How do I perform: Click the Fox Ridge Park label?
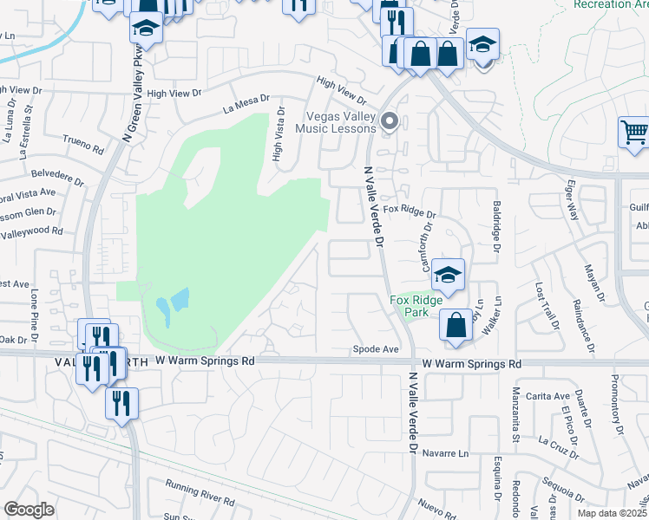point(416,306)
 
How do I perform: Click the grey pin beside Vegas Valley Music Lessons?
point(390,121)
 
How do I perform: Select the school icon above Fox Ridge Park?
point(448,276)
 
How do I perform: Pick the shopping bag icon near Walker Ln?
point(456,326)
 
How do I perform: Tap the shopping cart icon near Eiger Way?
point(634,133)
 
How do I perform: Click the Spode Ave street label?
point(375,350)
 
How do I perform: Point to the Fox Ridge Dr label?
point(409,211)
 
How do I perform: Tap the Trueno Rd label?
point(83,143)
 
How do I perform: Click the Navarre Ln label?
point(446,453)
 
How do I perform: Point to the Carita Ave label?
point(547,396)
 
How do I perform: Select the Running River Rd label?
point(200,493)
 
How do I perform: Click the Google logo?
point(29,510)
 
